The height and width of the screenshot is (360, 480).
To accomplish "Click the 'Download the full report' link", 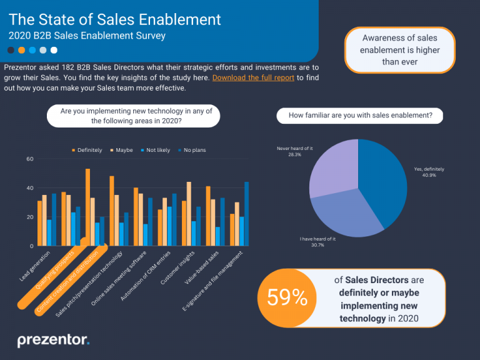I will [253, 77].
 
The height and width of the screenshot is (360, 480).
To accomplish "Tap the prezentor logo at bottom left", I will [53, 340].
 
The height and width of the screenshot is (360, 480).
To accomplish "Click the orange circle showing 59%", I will [287, 298].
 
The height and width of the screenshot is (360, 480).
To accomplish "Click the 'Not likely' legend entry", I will [156, 150].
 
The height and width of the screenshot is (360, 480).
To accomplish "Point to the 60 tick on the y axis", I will [29, 159].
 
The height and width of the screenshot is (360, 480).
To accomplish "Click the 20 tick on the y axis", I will [29, 217].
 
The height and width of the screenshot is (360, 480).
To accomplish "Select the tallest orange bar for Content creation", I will [87, 206].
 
